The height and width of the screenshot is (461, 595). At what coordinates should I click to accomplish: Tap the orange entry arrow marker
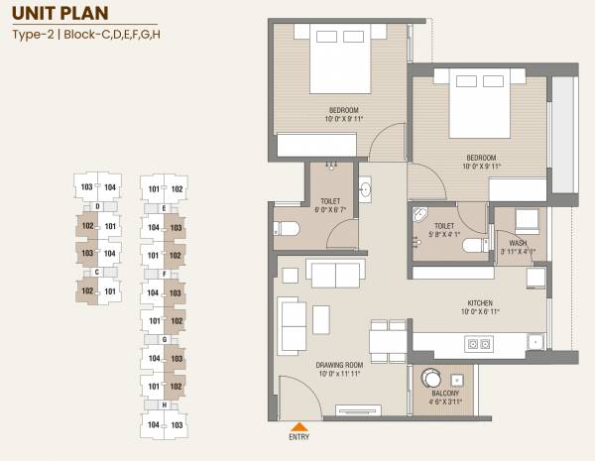pyautogui.click(x=297, y=424)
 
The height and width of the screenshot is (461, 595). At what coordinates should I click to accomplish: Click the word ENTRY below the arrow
pyautogui.click(x=297, y=436)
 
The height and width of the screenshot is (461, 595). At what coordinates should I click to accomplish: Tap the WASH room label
pyautogui.click(x=519, y=243)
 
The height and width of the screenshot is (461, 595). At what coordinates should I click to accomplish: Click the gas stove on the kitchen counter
pyautogui.click(x=479, y=344)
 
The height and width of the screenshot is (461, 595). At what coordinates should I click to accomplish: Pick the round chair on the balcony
pyautogui.click(x=433, y=377)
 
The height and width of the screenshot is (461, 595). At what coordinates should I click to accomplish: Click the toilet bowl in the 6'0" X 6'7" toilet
pyautogui.click(x=287, y=228)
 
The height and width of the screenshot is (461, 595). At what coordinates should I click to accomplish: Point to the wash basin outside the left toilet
pyautogui.click(x=365, y=188)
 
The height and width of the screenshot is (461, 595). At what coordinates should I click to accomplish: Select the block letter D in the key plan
pyautogui.click(x=98, y=206)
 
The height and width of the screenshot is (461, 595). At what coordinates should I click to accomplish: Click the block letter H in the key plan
pyautogui.click(x=164, y=405)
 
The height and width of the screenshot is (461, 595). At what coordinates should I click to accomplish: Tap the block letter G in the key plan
pyautogui.click(x=164, y=339)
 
